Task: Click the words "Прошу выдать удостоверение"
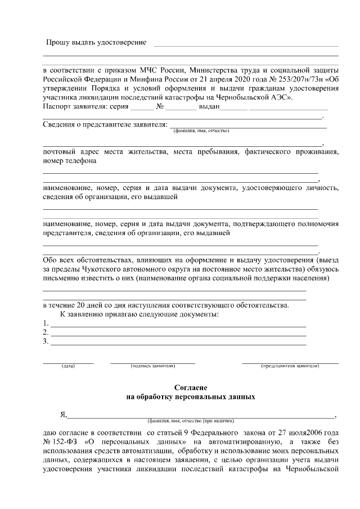tap(96, 43)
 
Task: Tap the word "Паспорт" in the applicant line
tap(57, 106)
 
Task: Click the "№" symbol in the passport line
tap(160, 106)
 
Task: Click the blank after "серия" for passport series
tap(145, 107)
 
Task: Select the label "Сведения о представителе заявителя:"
tap(105, 124)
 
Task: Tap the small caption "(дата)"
tap(68, 366)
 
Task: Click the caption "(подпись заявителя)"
tap(152, 366)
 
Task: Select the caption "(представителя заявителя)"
tap(290, 366)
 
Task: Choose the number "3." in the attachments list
tap(46, 341)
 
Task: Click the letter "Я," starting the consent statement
tap(63, 415)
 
